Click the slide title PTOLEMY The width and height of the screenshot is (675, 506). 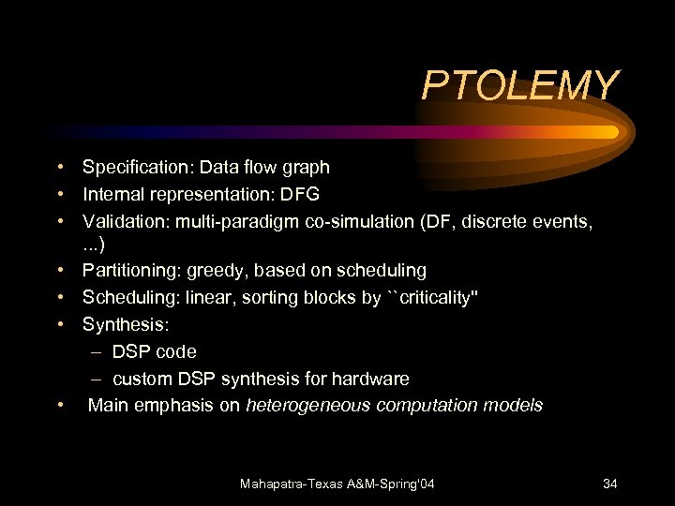click(x=520, y=85)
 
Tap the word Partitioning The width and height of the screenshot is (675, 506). click(x=131, y=271)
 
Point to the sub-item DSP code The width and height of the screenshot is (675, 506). click(x=155, y=352)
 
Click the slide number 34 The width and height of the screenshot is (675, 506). click(x=609, y=484)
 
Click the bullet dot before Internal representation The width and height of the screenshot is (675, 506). click(x=59, y=195)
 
